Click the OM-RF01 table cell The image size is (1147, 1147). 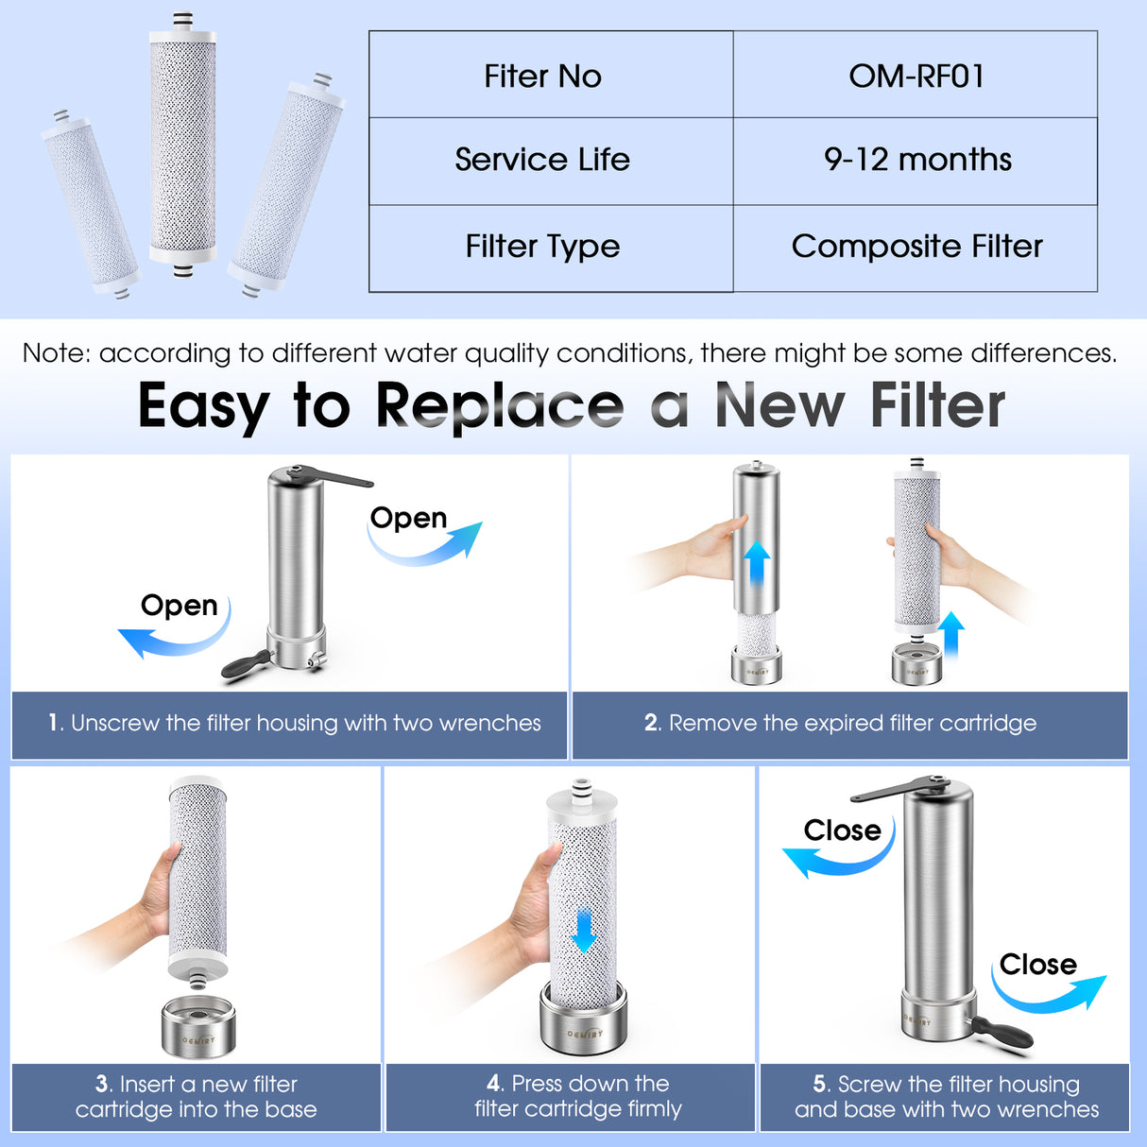tap(916, 76)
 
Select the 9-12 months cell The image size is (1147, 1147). tap(916, 160)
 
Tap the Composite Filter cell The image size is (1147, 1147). tap(916, 247)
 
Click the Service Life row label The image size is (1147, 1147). tap(542, 160)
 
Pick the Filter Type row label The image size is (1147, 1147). tap(542, 247)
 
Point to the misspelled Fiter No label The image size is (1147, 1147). tap(542, 76)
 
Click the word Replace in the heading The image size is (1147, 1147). tap(499, 406)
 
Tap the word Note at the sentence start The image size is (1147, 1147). tap(56, 353)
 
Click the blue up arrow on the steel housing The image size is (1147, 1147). tap(757, 564)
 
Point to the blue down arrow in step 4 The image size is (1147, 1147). tap(584, 931)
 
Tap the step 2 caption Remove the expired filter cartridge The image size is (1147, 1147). tap(841, 723)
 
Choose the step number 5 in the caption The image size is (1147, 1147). tap(820, 1084)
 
